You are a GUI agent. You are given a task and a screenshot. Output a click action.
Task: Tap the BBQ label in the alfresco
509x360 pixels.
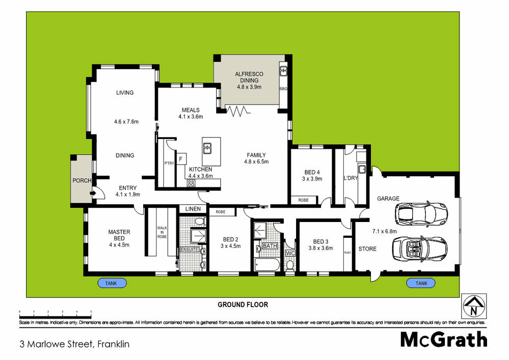coord(284,89)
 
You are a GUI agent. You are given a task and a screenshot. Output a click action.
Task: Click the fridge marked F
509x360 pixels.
coord(180,159)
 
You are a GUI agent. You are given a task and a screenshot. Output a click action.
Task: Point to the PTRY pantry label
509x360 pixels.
coord(169,163)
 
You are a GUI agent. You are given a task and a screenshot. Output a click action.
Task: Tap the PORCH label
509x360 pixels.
coord(82,181)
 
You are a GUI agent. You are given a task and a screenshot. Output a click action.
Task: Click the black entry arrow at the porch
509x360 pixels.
coord(93,193)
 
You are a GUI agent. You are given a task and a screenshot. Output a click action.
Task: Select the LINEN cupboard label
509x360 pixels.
coord(193,209)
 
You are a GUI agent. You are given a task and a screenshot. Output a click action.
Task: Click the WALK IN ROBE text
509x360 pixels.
coord(162,232)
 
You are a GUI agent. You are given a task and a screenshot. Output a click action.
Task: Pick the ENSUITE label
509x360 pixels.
coord(189,250)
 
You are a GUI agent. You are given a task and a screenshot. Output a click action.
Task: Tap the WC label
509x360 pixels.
coord(290,253)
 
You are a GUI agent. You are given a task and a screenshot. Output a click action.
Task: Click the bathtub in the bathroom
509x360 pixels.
coord(267,265)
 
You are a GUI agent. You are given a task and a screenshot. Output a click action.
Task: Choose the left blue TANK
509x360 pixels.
coord(112,283)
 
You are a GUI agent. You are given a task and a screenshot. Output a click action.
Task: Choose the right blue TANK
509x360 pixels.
coord(421,283)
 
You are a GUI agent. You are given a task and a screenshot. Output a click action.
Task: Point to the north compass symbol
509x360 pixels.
coord(474,306)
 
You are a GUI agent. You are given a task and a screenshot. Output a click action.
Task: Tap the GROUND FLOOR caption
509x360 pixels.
coord(243,305)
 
